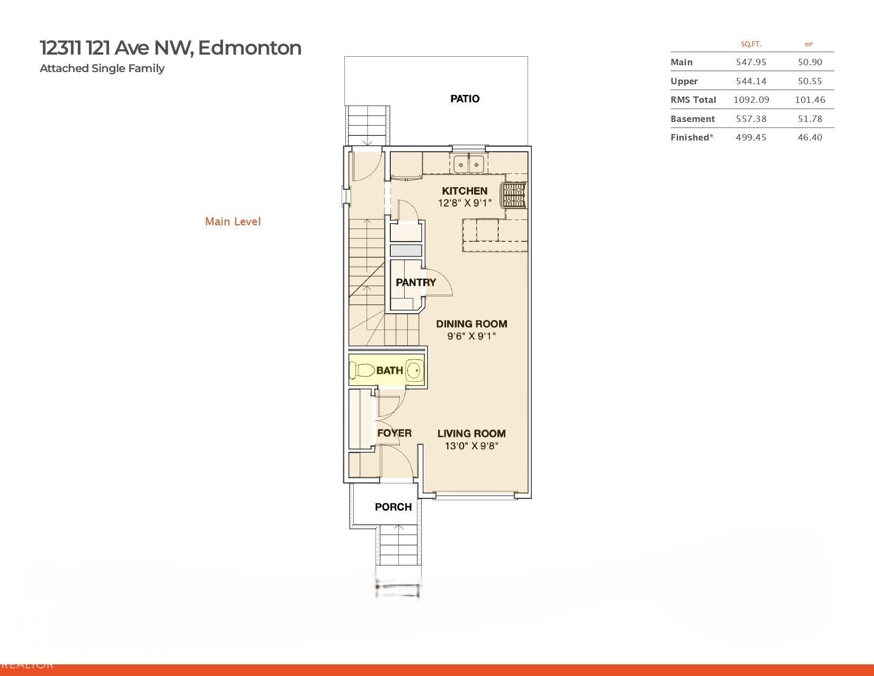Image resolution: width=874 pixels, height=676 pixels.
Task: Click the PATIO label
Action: point(465,99)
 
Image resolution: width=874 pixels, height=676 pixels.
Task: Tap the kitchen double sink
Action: point(469,164)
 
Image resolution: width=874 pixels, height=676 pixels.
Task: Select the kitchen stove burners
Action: point(514,195)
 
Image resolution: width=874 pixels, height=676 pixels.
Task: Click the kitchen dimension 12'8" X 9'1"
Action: point(465,203)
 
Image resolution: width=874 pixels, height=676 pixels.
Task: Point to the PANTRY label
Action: point(415,282)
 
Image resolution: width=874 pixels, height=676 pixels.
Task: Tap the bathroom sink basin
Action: point(414,370)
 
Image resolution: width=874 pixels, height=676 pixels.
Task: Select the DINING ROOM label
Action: point(471,324)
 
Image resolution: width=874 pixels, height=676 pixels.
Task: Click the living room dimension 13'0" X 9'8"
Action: point(471,446)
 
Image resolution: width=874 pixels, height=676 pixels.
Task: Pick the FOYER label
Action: point(394,433)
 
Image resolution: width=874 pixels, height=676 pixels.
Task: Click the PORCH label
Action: point(393,507)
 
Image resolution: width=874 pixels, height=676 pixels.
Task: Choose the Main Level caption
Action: point(233,222)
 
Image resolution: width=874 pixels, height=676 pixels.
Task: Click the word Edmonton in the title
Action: point(249,48)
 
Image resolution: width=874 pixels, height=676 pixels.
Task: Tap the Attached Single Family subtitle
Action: point(102,68)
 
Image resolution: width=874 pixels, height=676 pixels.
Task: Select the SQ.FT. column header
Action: point(751,45)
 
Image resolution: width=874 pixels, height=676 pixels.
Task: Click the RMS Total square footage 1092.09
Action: point(751,100)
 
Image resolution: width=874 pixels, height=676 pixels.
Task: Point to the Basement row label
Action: point(693,119)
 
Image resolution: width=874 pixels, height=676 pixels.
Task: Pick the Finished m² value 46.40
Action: point(810,137)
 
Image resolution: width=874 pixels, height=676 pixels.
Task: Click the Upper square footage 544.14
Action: point(751,81)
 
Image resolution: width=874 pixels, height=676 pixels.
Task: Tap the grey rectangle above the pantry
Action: point(406,250)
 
